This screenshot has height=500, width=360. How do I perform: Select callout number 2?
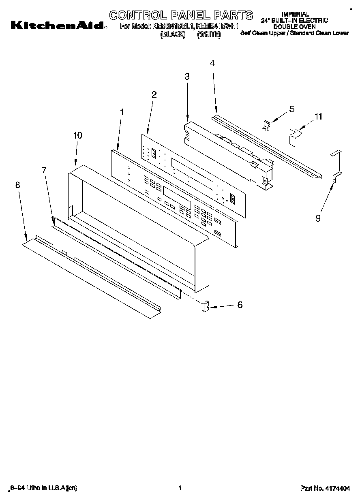[x=154, y=94]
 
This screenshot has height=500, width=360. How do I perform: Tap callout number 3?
[x=187, y=76]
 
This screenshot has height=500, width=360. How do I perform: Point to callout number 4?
[x=212, y=63]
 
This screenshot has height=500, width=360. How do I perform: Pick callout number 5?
[x=291, y=109]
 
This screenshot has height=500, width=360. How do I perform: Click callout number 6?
[x=240, y=305]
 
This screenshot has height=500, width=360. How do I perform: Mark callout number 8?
[x=17, y=185]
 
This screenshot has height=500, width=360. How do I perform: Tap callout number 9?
[x=318, y=218]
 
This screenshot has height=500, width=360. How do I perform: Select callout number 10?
[x=77, y=135]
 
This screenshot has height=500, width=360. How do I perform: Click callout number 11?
[x=319, y=117]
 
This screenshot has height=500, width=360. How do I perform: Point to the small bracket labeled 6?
[x=206, y=306]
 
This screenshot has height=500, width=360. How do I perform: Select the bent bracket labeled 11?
[x=295, y=136]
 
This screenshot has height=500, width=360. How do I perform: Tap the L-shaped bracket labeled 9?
[x=336, y=166]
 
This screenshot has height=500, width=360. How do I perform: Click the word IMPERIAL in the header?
[x=295, y=14]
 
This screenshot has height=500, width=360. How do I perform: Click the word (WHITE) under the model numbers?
[x=209, y=35]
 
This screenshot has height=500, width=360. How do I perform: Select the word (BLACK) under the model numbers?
[x=173, y=35]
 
